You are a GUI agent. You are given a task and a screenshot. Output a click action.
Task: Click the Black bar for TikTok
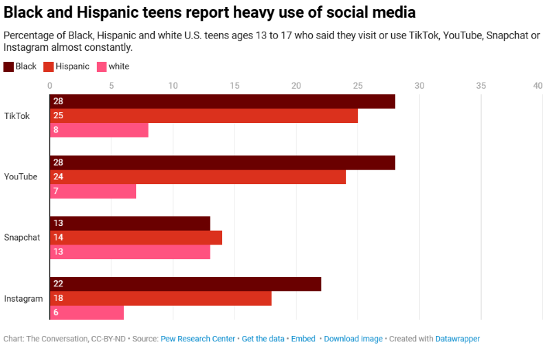(x=222, y=102)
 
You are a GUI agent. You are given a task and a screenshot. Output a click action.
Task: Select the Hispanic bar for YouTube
(x=197, y=177)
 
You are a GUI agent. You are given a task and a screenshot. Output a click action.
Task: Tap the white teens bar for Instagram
(x=87, y=312)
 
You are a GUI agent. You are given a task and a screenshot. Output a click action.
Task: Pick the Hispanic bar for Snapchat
(x=135, y=238)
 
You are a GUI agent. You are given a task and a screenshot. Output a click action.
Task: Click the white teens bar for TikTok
(x=99, y=129)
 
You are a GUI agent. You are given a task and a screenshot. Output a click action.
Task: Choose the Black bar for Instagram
(x=185, y=284)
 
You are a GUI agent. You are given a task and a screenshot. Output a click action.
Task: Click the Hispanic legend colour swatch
(x=48, y=67)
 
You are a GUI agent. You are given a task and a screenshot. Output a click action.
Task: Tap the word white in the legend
(x=119, y=67)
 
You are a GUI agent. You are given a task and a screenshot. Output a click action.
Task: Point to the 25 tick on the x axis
(x=357, y=86)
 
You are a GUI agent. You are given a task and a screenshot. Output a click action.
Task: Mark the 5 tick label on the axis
(x=111, y=86)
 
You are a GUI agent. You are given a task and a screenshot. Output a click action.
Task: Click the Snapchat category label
(x=22, y=238)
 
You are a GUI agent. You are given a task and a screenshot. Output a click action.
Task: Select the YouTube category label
(x=21, y=177)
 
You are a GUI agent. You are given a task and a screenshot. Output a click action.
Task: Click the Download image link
(x=353, y=339)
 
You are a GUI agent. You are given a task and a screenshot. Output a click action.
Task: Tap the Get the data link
(x=263, y=339)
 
